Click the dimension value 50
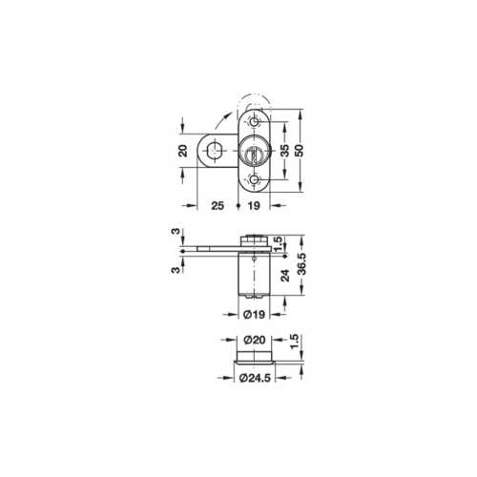point(300,151)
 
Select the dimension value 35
point(285,151)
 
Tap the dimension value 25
point(218,206)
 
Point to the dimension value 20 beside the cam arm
point(183,151)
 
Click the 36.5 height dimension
point(301,263)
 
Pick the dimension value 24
point(285,276)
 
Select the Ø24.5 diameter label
point(255,378)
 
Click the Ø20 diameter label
point(255,340)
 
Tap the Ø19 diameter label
point(254,315)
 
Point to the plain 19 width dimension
point(254,206)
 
